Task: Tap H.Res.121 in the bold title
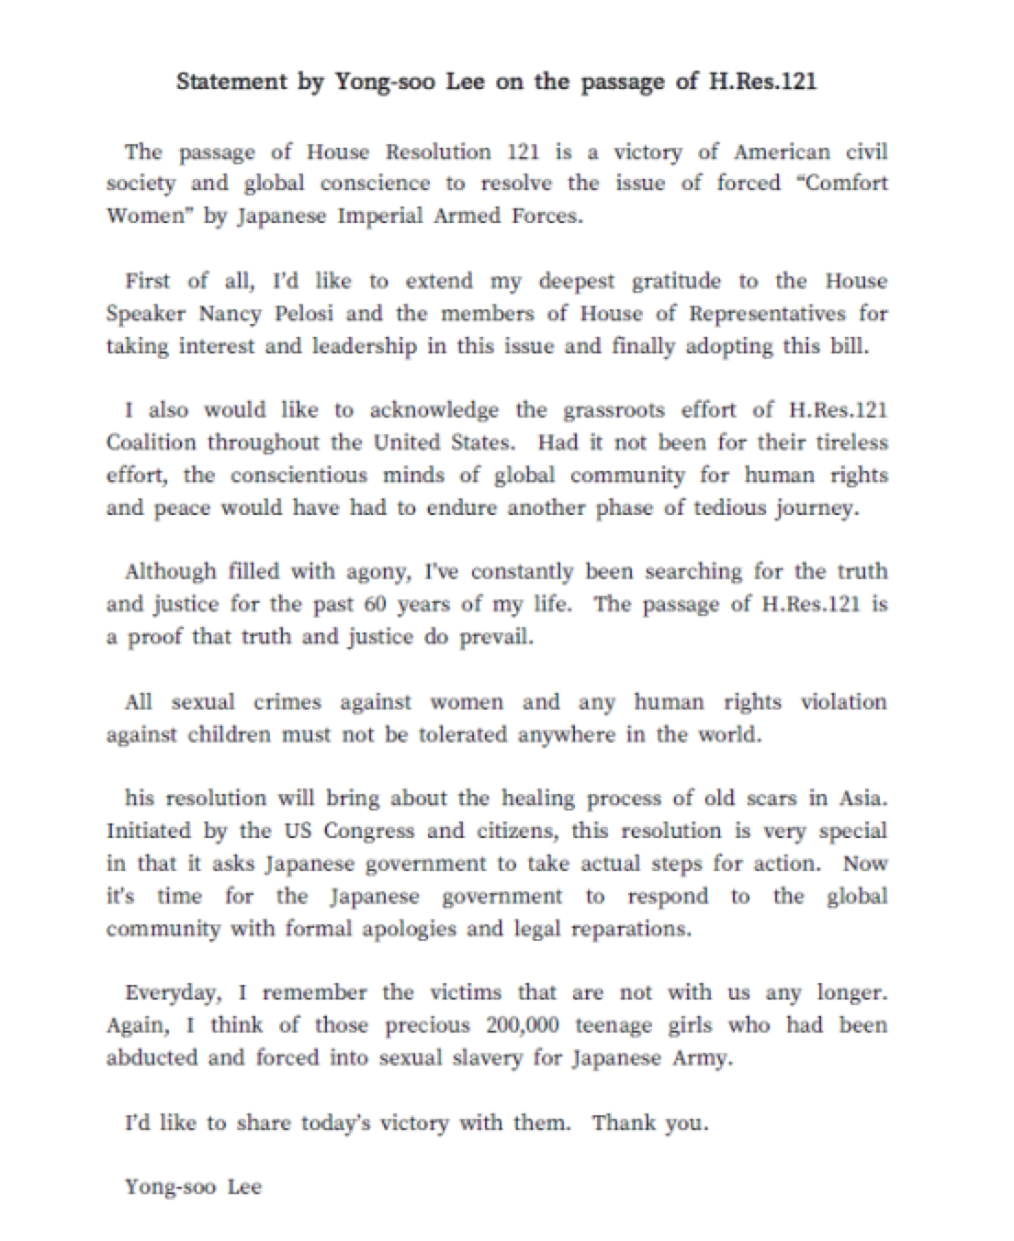pos(762,82)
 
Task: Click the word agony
pos(375,573)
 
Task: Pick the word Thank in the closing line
pos(622,1123)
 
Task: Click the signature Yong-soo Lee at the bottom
pos(194,1187)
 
